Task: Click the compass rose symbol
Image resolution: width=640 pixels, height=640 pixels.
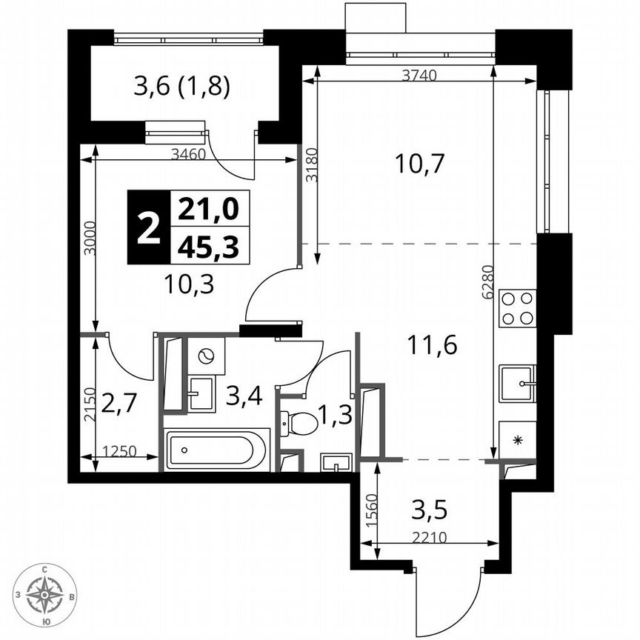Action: point(46,594)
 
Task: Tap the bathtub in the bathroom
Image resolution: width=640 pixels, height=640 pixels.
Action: point(216,450)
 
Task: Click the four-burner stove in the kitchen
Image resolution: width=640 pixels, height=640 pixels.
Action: point(518,308)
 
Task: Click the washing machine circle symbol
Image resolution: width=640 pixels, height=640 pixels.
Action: point(206,356)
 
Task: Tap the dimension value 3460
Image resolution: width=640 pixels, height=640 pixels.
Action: point(188,154)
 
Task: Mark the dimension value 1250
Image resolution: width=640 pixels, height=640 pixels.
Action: point(120,450)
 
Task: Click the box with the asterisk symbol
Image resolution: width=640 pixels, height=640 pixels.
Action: point(518,440)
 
